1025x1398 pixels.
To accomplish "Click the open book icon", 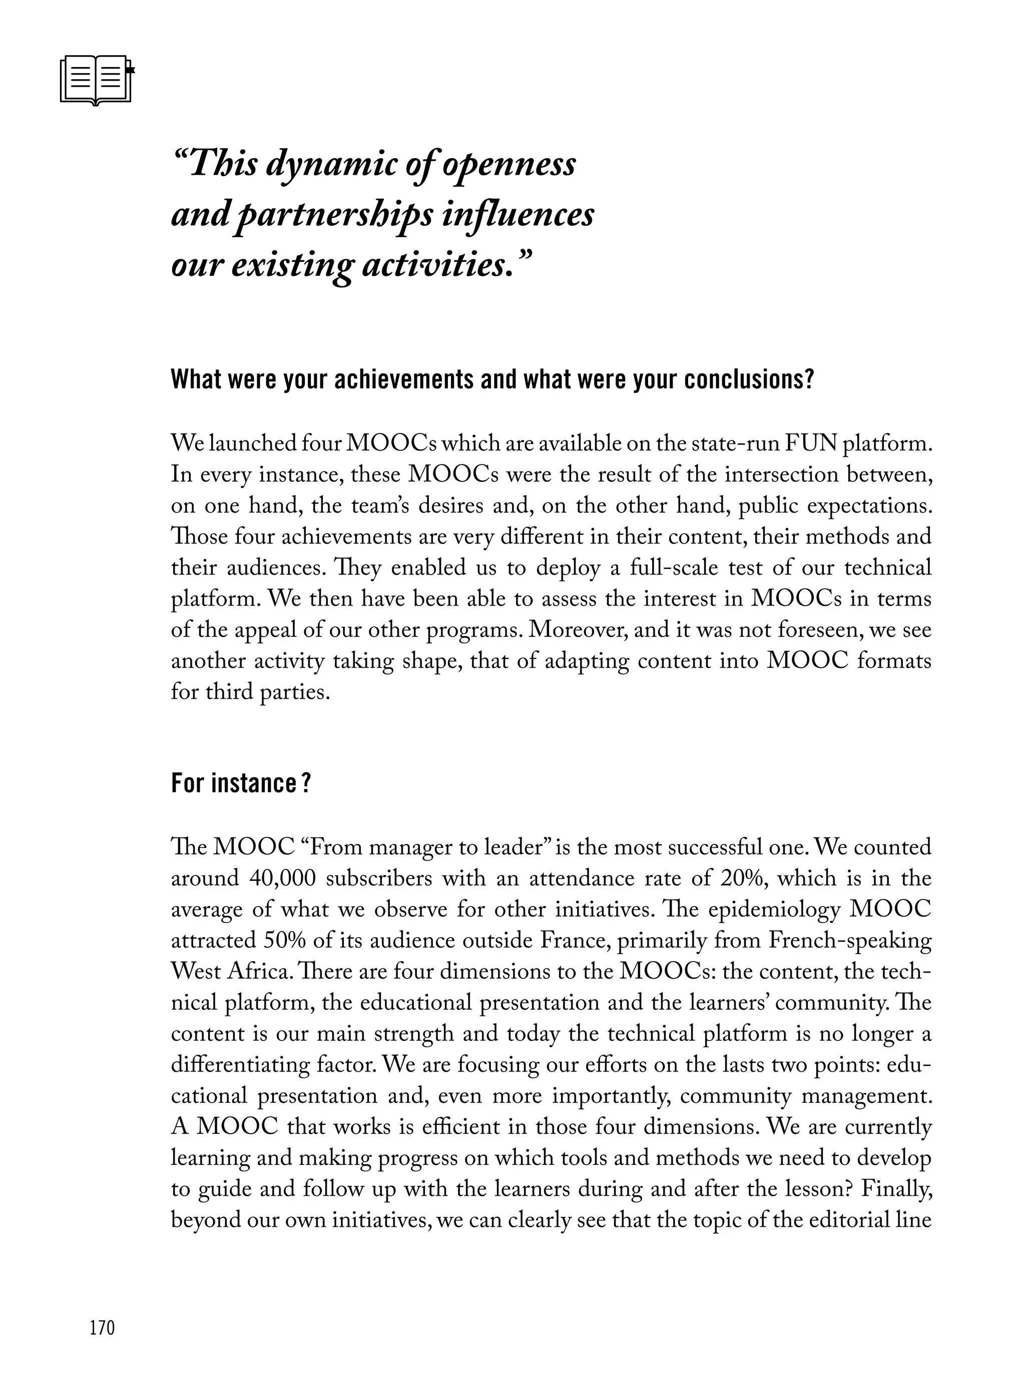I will point(97,81).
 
